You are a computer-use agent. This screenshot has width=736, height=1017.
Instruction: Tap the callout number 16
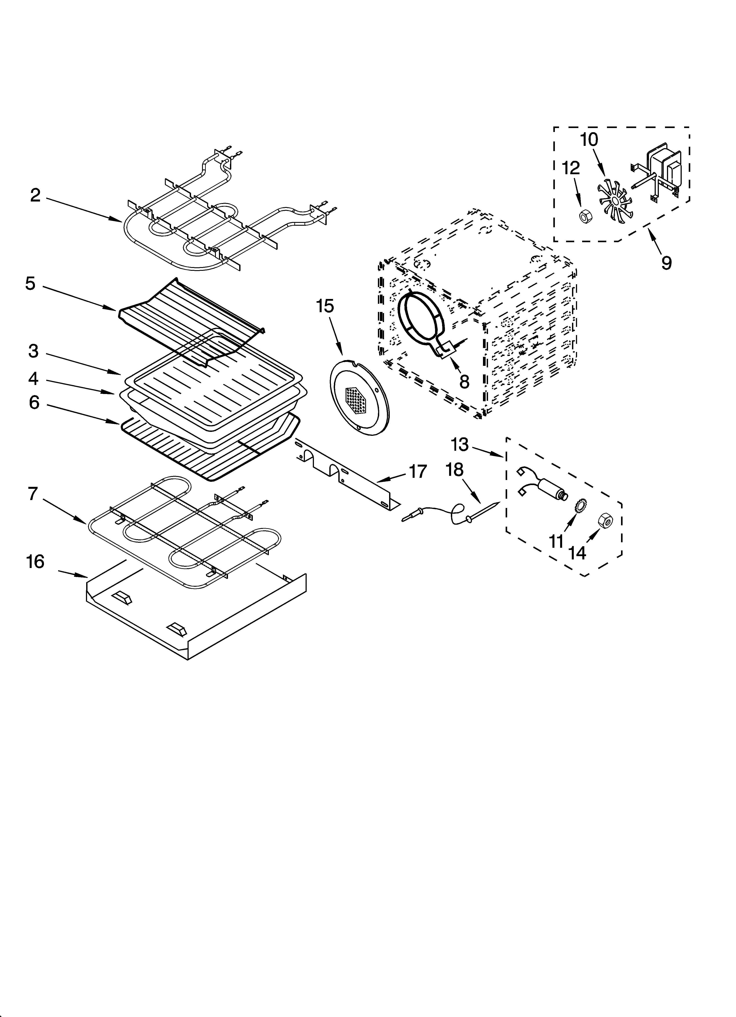click(x=35, y=561)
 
